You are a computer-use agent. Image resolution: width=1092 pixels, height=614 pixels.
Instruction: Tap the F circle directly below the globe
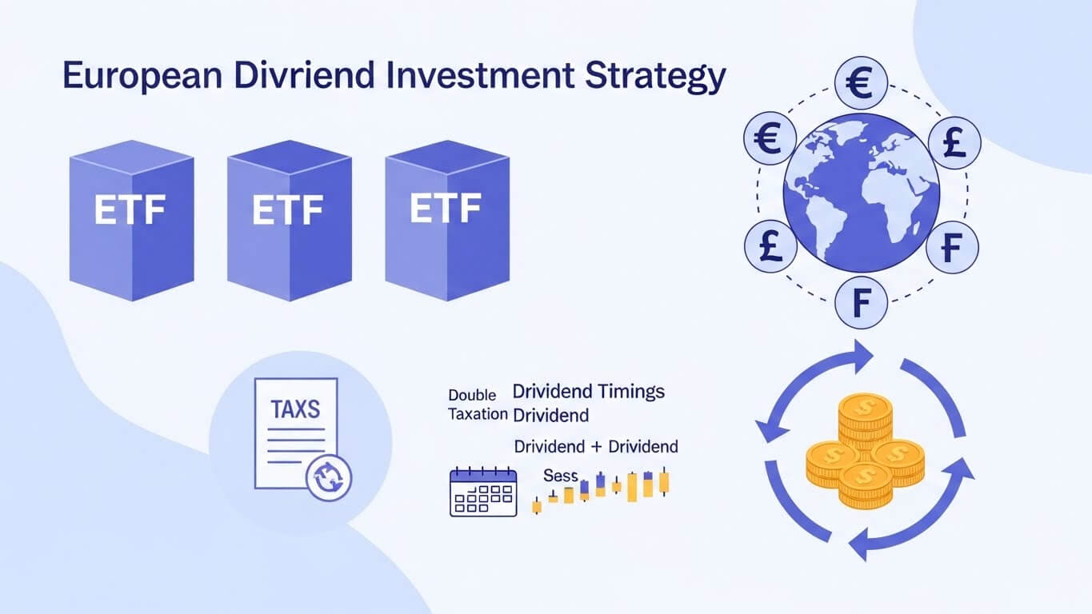(x=862, y=305)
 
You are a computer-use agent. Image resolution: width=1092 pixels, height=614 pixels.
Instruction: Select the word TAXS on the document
(x=295, y=410)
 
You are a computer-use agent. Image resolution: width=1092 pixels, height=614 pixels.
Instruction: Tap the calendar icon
(x=483, y=492)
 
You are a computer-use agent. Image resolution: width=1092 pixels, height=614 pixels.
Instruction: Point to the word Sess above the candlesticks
(x=560, y=476)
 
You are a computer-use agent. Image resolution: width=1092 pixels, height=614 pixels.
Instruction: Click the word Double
(x=472, y=395)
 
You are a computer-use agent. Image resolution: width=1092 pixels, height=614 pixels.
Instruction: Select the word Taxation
(x=478, y=414)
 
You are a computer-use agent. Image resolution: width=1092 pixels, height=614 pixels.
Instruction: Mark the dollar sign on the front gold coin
(x=865, y=476)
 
